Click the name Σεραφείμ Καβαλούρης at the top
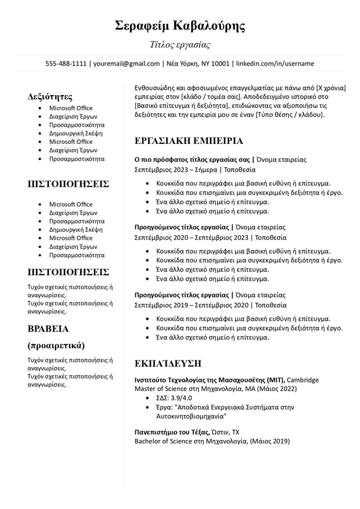tap(180, 26)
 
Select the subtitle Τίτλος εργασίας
tap(180, 45)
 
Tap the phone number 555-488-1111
tap(66, 63)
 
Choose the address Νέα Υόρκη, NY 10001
tap(198, 63)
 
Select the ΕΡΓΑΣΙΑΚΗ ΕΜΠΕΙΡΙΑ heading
tap(189, 141)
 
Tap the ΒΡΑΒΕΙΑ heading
tap(48, 328)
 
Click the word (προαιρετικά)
tap(56, 345)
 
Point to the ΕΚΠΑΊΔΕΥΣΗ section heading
tap(168, 363)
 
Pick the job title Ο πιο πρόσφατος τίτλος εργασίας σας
tap(192, 159)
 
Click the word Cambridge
tap(303, 380)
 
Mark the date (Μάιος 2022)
tap(278, 389)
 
